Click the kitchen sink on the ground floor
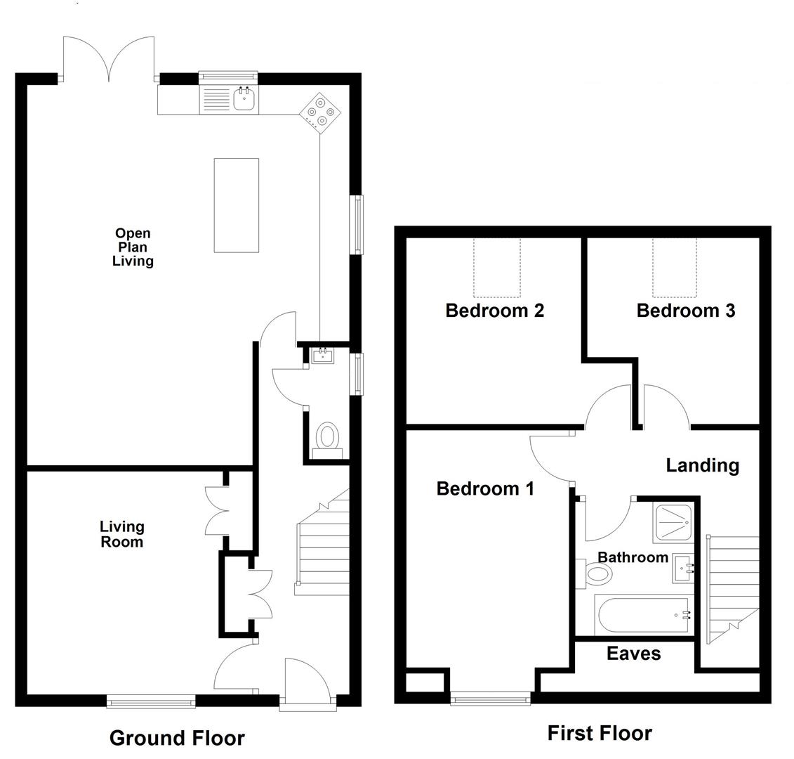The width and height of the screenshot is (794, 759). (244, 99)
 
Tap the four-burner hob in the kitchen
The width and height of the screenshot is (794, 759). (321, 112)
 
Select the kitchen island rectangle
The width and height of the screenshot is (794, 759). (236, 205)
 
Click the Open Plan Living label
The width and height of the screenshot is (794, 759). (133, 247)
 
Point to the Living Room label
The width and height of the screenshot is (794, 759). (121, 534)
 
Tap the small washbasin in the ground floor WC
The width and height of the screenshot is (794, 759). (322, 356)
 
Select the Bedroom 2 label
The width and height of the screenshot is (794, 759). (494, 310)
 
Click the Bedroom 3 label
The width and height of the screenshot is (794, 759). (685, 310)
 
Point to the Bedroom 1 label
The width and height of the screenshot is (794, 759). (485, 488)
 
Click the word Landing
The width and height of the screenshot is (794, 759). (702, 465)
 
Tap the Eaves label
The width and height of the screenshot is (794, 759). (633, 654)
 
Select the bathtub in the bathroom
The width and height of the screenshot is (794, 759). (642, 616)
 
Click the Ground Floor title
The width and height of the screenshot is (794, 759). (177, 738)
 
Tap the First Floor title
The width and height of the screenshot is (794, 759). (599, 733)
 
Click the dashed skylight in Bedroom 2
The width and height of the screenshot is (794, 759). (497, 268)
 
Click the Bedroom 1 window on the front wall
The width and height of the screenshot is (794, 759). (490, 697)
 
